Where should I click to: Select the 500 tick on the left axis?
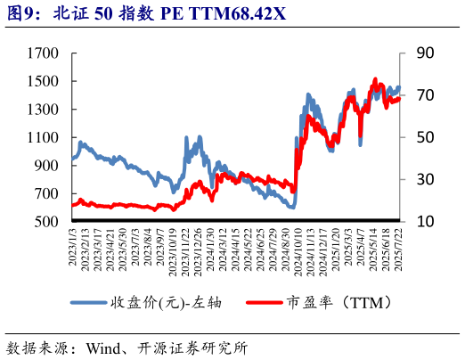45,222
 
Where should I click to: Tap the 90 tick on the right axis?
425,53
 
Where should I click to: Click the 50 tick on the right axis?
425,137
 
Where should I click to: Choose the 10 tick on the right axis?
425,222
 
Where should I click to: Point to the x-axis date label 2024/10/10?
295,248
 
